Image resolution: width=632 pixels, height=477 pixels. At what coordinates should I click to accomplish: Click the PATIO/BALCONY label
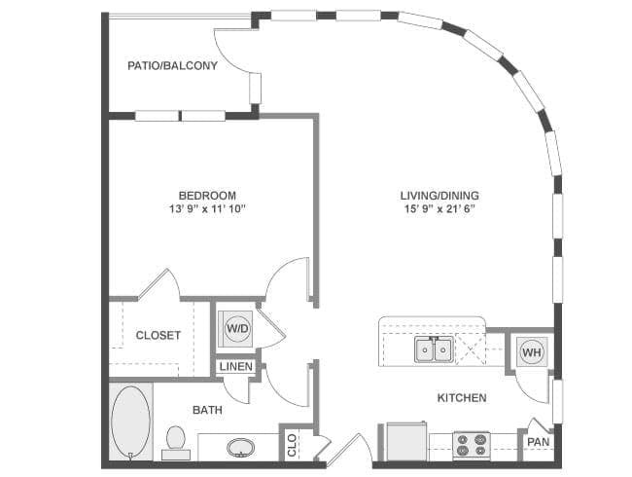[x=172, y=65]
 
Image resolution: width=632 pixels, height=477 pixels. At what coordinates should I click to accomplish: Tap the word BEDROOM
[x=207, y=196]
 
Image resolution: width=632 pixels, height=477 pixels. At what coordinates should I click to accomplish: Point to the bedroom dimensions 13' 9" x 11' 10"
[x=207, y=209]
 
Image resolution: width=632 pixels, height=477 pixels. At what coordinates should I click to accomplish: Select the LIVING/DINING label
[x=439, y=196]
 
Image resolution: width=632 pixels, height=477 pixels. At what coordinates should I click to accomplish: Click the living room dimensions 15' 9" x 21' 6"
[x=439, y=209]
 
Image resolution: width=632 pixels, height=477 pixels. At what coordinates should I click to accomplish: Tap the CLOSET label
[x=158, y=335]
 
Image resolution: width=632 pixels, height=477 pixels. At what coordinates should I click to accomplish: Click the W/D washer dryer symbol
[x=237, y=328]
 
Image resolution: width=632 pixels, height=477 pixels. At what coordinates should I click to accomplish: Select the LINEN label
[x=236, y=366]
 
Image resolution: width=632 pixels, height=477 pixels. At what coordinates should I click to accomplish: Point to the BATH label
[x=207, y=410]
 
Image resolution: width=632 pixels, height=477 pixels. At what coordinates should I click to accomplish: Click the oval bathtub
[x=130, y=422]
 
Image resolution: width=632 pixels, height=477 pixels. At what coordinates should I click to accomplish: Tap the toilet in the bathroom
[x=176, y=442]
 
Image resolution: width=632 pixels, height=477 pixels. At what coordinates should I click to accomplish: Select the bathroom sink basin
[x=240, y=448]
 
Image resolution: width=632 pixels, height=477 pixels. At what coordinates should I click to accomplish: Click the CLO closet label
[x=292, y=445]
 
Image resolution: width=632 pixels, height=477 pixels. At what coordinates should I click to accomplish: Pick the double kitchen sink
[x=434, y=349]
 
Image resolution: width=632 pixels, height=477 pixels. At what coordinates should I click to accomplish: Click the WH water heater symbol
[x=532, y=352]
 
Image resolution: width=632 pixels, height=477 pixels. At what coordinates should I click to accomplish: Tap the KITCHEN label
[x=462, y=398]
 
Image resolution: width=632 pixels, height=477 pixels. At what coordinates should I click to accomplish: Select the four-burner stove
[x=472, y=446]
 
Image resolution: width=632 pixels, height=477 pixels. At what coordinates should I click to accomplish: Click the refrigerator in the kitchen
[x=405, y=441]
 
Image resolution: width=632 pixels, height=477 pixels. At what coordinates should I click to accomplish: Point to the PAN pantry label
[x=539, y=442]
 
